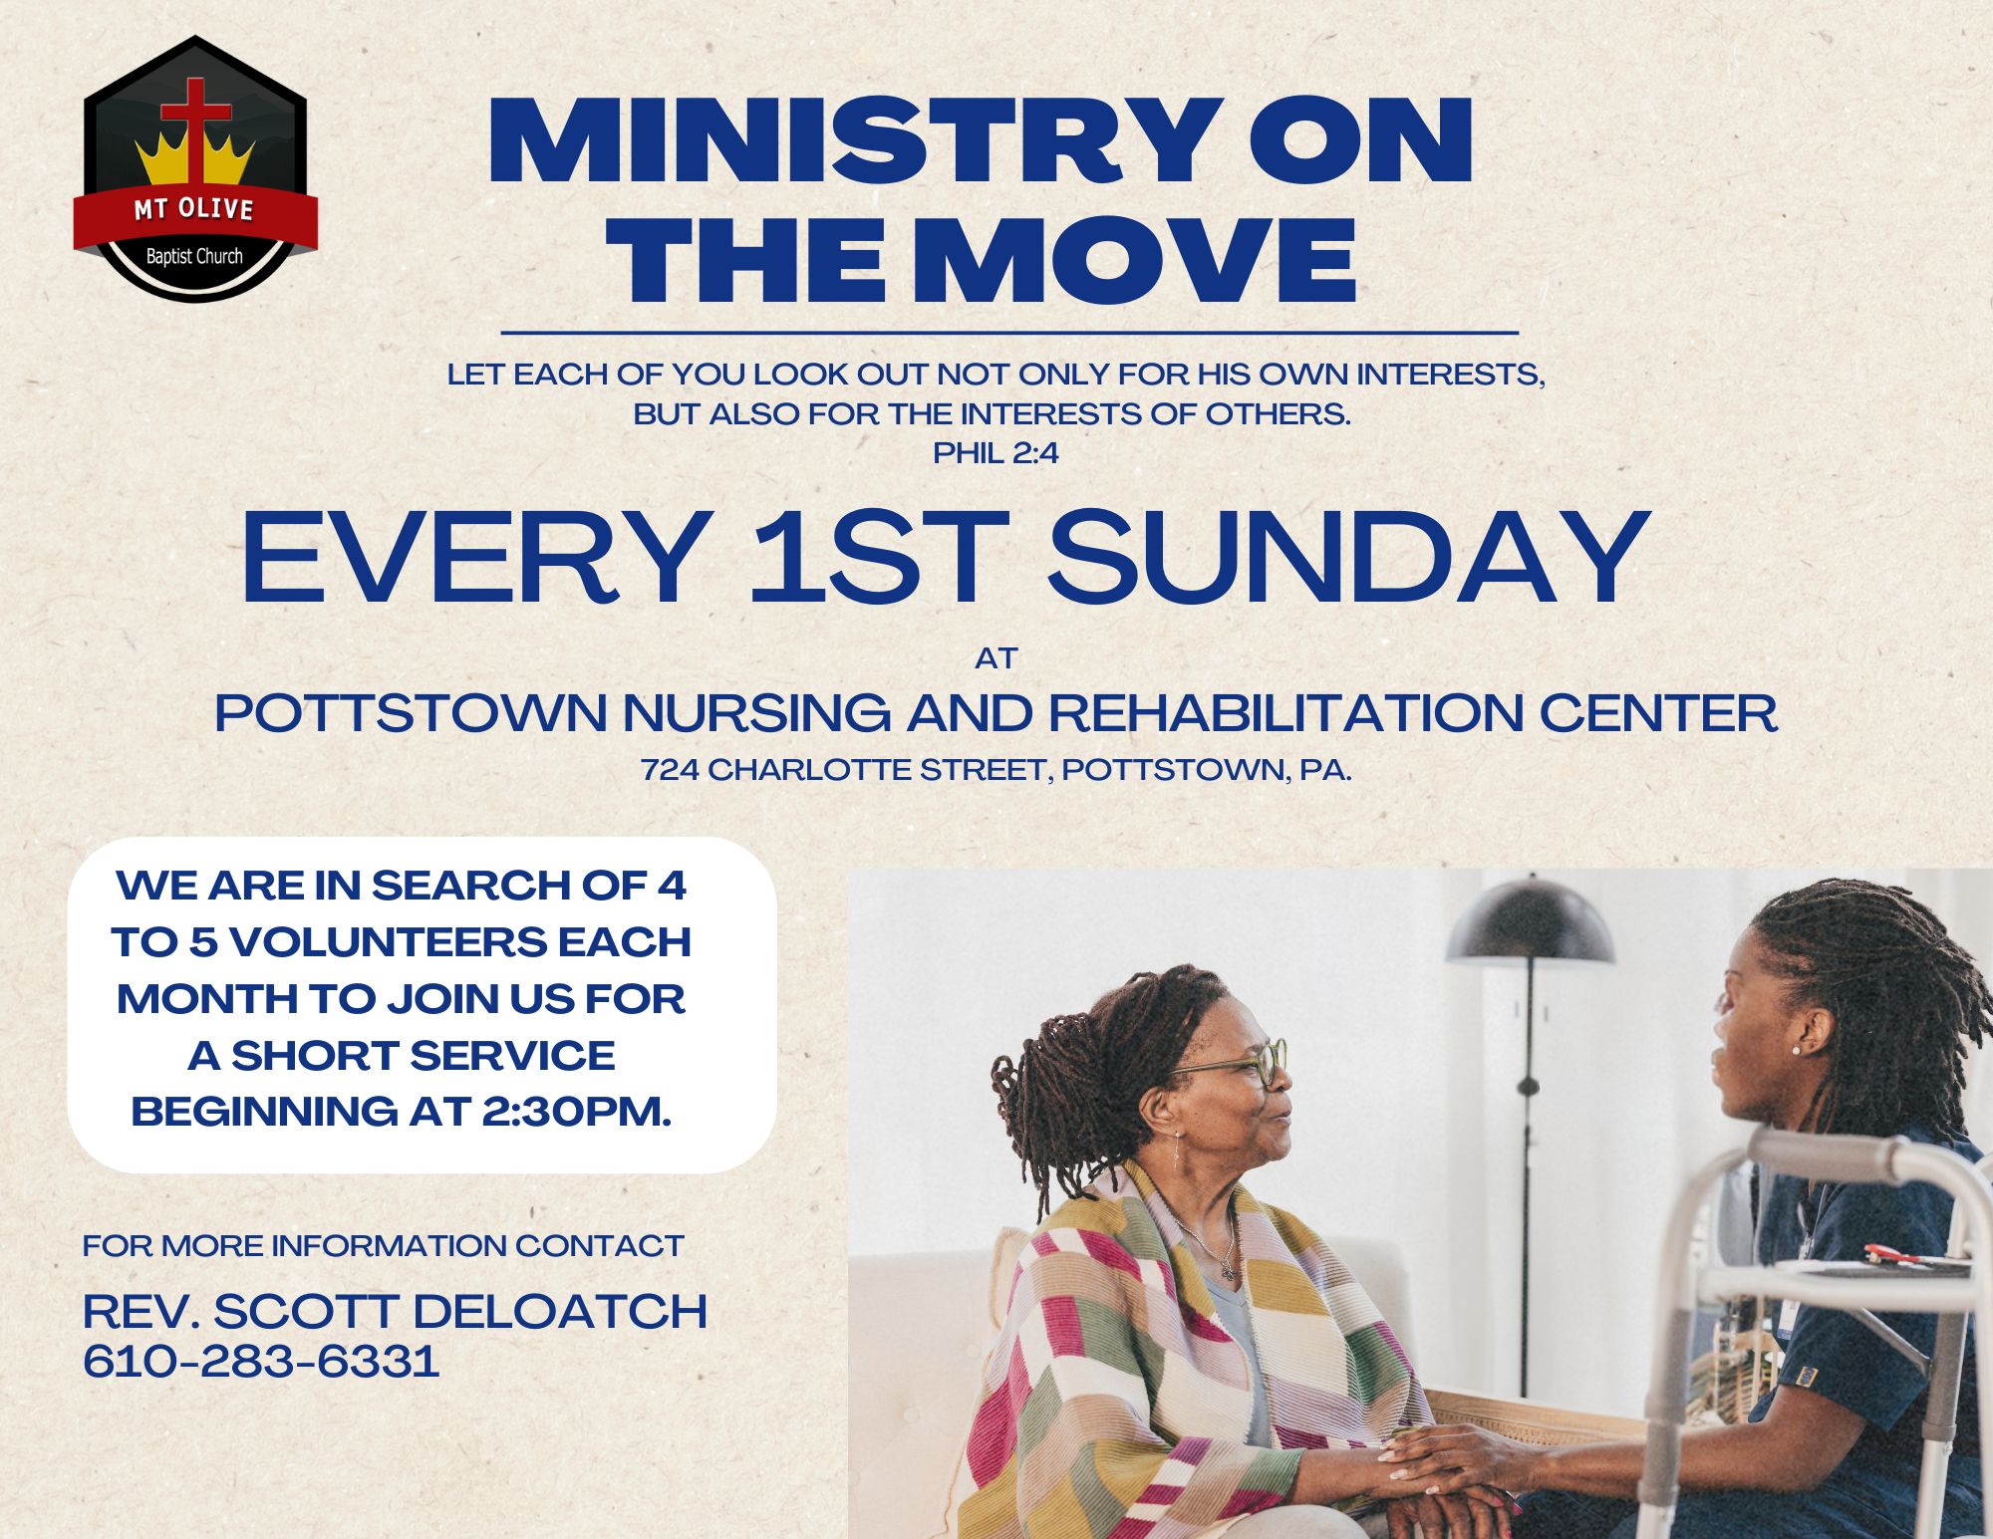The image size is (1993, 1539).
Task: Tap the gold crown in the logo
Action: (195, 159)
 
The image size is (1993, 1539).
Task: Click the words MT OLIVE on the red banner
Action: (194, 209)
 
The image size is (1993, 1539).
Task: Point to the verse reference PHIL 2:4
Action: (996, 453)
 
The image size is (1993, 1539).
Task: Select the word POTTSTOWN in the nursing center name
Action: (411, 713)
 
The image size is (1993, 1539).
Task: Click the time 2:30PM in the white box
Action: (576, 1111)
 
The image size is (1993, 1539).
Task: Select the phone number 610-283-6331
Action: (261, 1361)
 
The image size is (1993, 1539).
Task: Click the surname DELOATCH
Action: (560, 1311)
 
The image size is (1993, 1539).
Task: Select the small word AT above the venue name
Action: (996, 658)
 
